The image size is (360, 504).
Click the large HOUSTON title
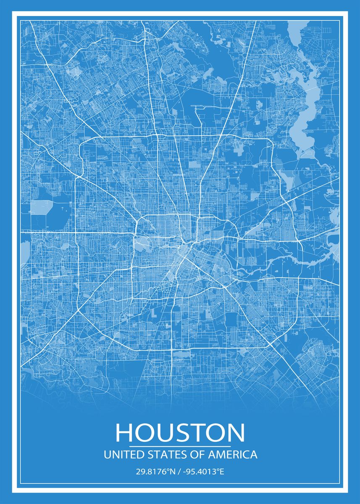click(180, 433)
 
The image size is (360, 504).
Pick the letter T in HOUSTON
click(202, 433)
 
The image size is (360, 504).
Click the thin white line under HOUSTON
click(180, 446)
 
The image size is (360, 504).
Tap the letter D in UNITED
click(142, 455)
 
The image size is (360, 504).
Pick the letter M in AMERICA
click(219, 455)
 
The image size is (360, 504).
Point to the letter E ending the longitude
click(222, 472)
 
